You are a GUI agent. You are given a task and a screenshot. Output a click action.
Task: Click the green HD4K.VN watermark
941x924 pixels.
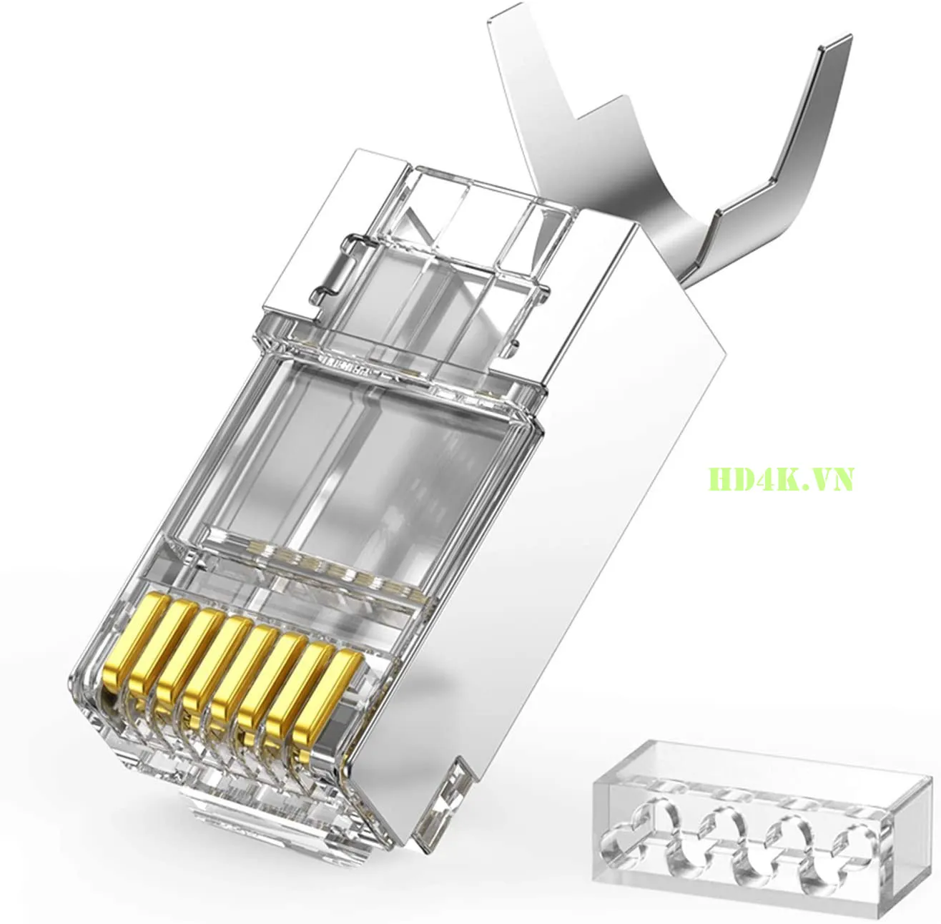(782, 478)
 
